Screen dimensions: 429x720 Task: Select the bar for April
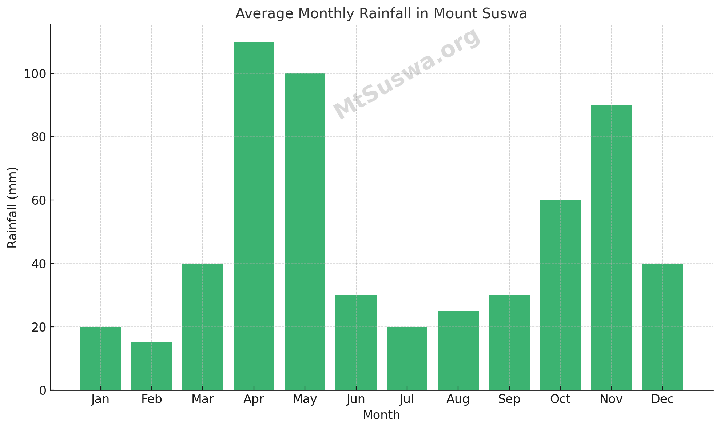pos(254,216)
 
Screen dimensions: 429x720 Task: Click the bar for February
pos(152,366)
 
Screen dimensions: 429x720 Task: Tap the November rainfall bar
pos(611,248)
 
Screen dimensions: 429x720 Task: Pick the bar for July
pos(407,358)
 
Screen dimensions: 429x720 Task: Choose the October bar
pos(560,295)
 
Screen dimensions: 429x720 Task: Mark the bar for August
pos(458,350)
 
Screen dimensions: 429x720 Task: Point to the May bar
pos(305,232)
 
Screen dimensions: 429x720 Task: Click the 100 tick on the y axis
pos(35,74)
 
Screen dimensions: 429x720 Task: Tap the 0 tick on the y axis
pos(43,390)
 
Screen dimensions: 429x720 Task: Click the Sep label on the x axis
pos(509,399)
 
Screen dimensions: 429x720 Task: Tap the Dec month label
pos(662,399)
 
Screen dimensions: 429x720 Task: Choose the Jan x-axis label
pos(100,399)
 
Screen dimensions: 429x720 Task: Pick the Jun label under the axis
pos(356,399)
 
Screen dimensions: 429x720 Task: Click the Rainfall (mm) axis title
pos(12,208)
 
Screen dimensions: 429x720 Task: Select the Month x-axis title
pos(381,415)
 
